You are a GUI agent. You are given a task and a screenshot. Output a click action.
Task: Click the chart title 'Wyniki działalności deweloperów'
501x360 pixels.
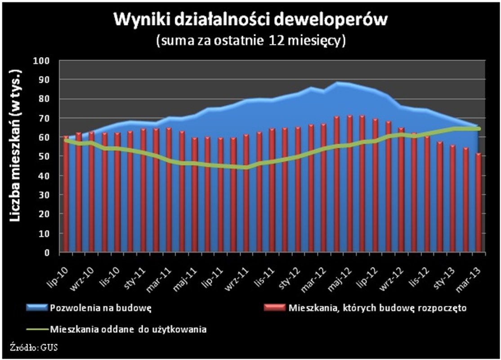pos(250,20)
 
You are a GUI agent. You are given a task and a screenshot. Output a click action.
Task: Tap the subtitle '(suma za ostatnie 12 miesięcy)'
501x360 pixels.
pos(250,40)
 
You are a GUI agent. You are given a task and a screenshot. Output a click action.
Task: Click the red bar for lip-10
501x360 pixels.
pos(66,193)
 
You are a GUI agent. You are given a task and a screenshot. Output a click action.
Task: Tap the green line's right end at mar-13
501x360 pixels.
pos(479,129)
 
